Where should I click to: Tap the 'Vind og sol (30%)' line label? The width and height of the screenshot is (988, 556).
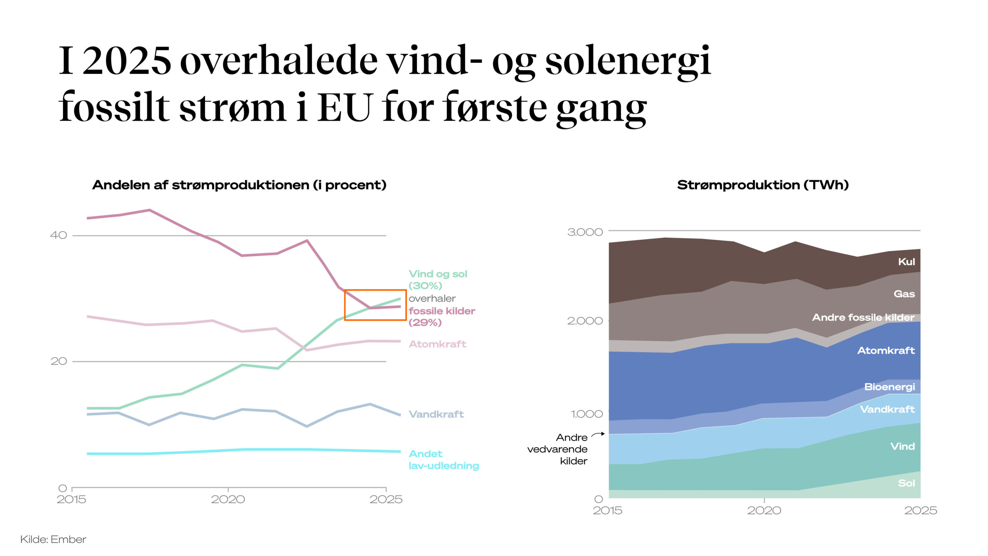point(438,280)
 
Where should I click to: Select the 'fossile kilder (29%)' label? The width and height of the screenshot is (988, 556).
point(442,316)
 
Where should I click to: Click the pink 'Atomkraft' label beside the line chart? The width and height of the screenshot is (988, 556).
point(437,344)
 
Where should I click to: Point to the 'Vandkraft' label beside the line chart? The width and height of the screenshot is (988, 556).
point(436,414)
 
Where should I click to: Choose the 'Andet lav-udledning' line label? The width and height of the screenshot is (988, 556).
point(443,459)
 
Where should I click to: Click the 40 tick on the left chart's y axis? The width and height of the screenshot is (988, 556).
point(58,235)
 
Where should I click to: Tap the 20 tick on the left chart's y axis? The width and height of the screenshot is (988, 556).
point(58,361)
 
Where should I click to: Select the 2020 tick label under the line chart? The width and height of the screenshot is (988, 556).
point(228,499)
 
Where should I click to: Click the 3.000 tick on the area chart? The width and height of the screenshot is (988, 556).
point(585,232)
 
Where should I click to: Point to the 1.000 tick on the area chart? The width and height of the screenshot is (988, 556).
point(586,414)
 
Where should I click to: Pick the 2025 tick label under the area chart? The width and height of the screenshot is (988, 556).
point(920,510)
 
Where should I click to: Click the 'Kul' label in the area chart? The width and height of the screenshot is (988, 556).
point(906,262)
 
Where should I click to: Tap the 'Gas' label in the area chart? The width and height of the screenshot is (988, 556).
point(904,294)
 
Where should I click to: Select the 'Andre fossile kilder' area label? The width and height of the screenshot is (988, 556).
point(863,317)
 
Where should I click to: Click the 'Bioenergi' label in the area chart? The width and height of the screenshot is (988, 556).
point(889,386)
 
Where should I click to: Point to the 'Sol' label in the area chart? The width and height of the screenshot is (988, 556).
point(906,483)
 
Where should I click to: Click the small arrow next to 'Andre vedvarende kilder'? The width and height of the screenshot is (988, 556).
point(597,434)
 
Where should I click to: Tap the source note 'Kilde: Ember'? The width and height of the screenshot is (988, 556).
point(53,539)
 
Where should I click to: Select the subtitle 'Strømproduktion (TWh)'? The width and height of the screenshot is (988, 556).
point(763,185)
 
